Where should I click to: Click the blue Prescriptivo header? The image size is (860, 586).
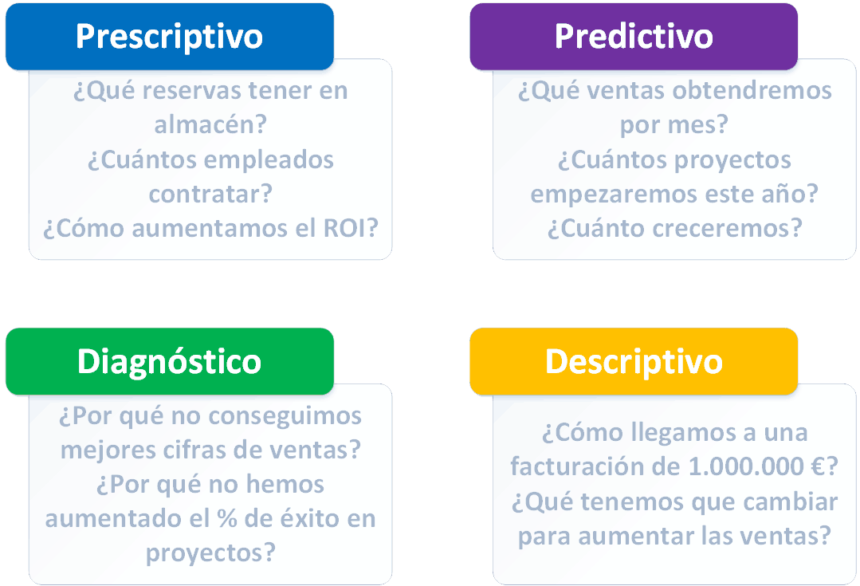coord(169,37)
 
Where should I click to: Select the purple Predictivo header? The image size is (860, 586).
coord(634,37)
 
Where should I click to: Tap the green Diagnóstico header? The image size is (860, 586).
coord(169,361)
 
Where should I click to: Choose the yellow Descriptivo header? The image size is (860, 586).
coord(634,361)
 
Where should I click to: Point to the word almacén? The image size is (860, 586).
coord(210,125)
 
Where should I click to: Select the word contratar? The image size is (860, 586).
coord(210,194)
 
